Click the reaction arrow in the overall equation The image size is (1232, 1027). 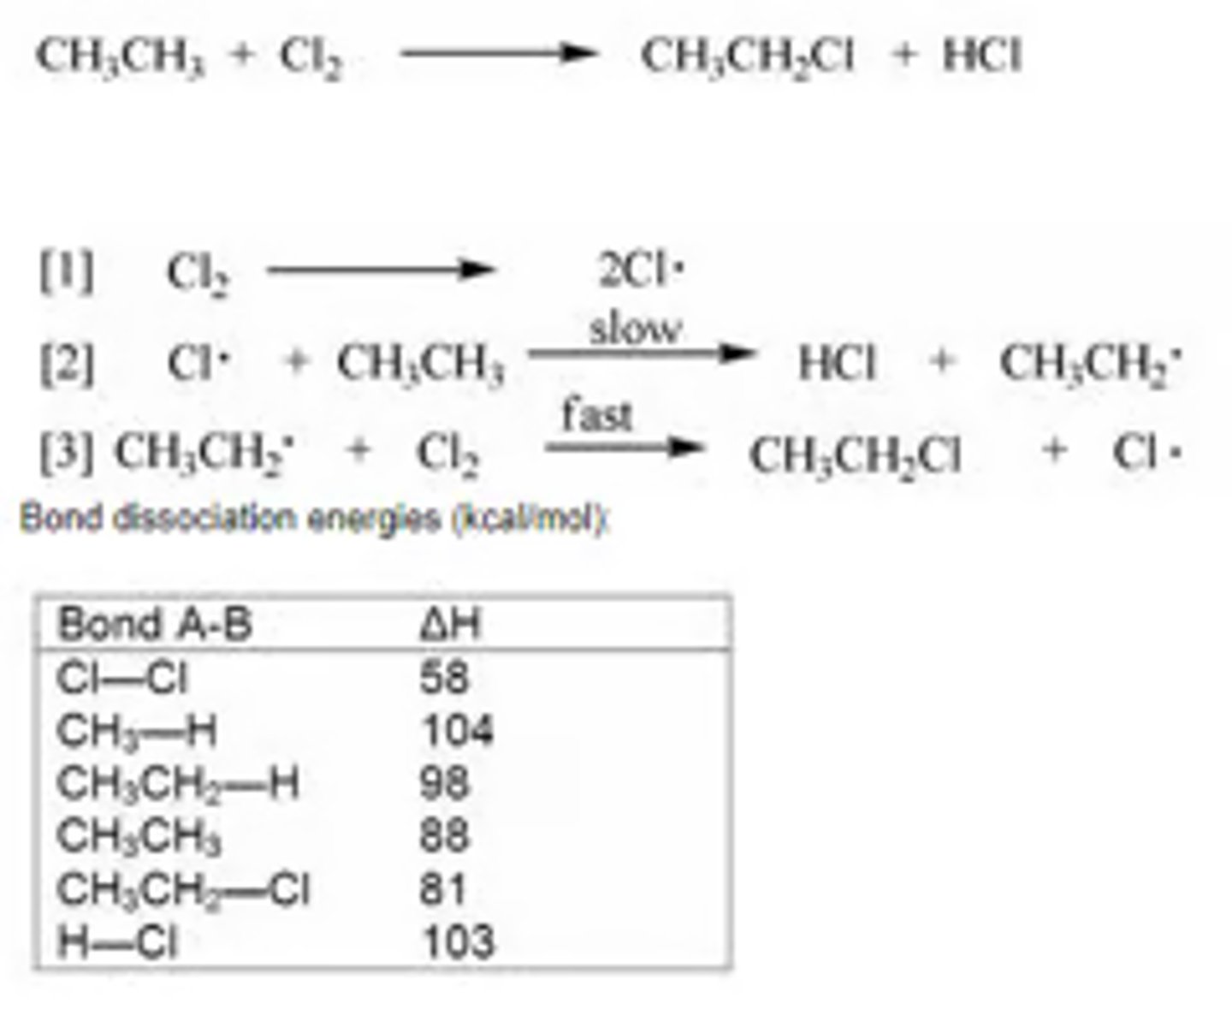498,54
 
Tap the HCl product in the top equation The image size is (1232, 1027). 981,56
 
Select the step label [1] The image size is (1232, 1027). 67,272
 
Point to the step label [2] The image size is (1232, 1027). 67,363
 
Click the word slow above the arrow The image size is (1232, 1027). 636,329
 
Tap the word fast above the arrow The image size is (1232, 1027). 596,416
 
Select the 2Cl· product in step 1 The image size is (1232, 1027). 642,271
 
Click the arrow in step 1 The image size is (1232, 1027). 381,271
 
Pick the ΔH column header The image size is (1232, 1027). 450,625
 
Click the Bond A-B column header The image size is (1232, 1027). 155,624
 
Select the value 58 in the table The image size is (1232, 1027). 444,678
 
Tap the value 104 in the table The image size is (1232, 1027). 457,731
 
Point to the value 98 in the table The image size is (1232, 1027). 444,783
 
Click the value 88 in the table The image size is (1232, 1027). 444,835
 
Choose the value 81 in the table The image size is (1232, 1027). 442,889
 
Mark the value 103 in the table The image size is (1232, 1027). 458,941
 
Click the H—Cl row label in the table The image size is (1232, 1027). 117,942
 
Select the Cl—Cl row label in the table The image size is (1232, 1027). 121,679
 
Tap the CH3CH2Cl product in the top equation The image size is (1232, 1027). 747,56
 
